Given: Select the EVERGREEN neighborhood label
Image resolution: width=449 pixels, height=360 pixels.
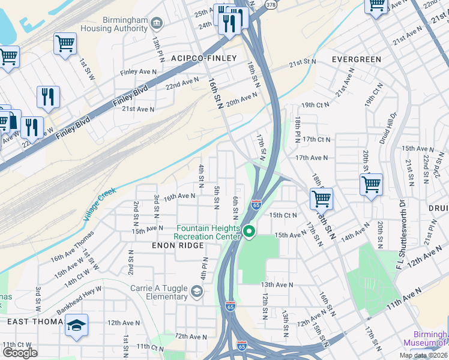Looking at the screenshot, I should [357, 59].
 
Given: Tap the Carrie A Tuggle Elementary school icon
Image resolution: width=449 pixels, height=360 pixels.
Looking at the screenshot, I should [196, 292].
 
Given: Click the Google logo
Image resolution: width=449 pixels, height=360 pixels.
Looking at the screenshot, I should [20, 353].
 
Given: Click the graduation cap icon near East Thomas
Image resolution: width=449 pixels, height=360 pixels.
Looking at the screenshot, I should [76, 325].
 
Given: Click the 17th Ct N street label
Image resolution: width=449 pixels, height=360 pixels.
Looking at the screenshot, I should [316, 139].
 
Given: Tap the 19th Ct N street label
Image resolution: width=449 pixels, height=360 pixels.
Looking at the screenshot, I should [316, 105].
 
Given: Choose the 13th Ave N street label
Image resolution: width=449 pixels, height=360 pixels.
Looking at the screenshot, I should [277, 285].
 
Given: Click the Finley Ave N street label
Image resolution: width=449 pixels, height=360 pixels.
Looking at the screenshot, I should [139, 72].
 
